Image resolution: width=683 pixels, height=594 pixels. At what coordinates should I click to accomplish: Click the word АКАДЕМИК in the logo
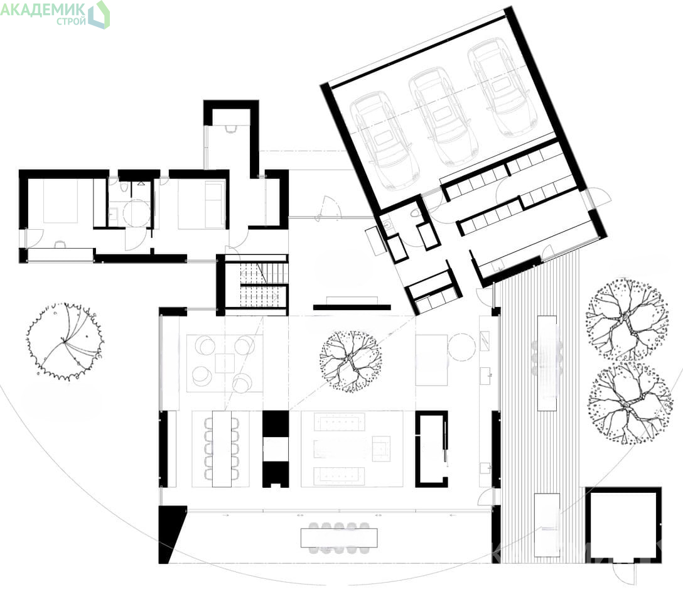(x=43, y=9)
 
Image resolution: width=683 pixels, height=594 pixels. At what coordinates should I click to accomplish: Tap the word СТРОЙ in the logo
(x=71, y=21)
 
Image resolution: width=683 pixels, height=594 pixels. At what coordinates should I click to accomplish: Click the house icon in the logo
(x=99, y=14)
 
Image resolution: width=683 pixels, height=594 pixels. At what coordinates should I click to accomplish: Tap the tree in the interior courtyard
(x=351, y=361)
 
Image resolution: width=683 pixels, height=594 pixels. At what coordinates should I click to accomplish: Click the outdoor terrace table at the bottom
(x=339, y=537)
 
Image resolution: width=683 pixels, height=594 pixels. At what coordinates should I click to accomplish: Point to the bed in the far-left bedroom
(x=60, y=201)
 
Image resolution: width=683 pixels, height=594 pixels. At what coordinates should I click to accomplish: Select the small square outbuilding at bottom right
(x=623, y=524)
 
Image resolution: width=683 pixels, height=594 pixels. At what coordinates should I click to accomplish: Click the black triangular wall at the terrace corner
(x=170, y=534)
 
